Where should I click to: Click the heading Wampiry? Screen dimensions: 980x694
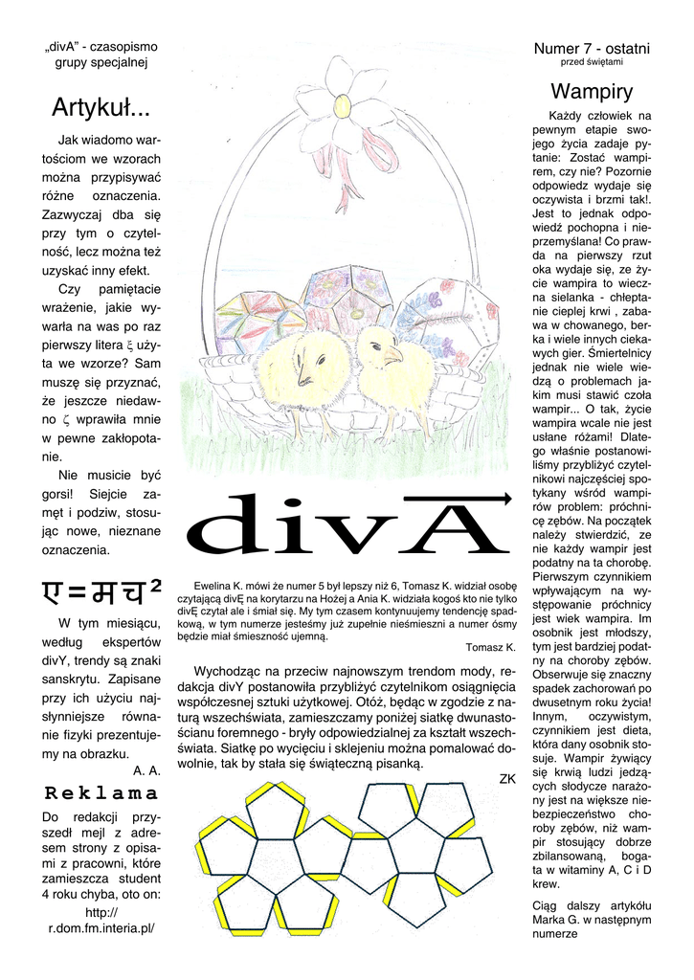tap(592, 92)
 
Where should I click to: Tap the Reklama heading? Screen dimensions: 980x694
tap(101, 793)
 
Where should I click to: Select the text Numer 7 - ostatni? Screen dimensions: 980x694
tap(592, 48)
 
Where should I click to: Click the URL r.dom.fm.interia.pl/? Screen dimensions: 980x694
tap(101, 927)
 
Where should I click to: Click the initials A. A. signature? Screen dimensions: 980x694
tap(146, 768)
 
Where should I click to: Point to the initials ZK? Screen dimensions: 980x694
tap(507, 779)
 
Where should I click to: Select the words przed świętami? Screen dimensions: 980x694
tap(592, 62)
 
